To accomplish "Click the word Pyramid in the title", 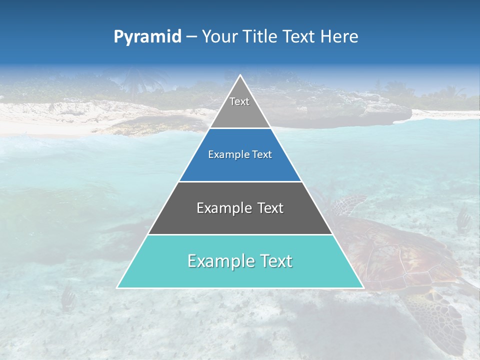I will pyautogui.click(x=147, y=37).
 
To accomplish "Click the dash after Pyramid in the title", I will pyautogui.click(x=191, y=37).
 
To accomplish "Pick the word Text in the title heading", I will pyautogui.click(x=298, y=37).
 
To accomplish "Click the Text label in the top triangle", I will pyautogui.click(x=239, y=101).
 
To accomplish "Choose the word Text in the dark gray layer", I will pyautogui.click(x=270, y=208).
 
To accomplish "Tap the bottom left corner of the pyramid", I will pyautogui.click(x=117, y=287).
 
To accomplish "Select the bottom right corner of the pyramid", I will pyautogui.click(x=363, y=287).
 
